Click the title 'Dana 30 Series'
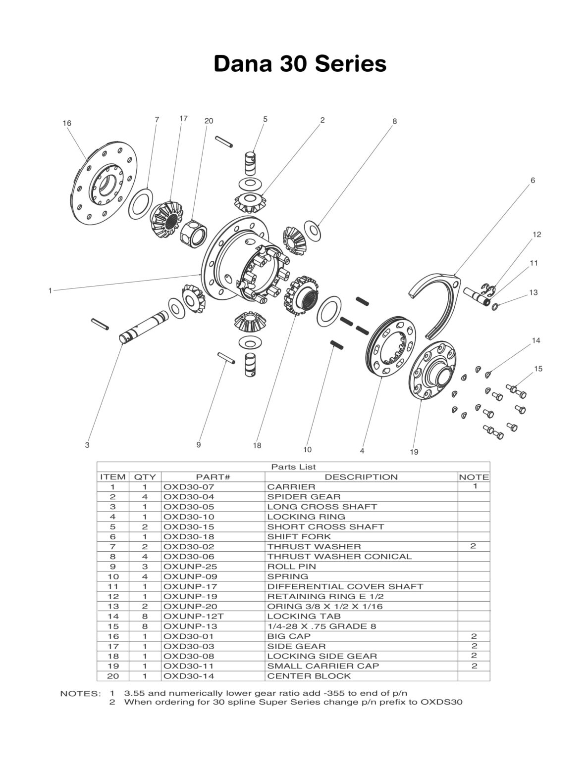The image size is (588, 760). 300,64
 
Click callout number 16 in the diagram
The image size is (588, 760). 67,123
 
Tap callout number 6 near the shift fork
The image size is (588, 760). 533,181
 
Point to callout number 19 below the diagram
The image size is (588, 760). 414,452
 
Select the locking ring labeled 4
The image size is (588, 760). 391,346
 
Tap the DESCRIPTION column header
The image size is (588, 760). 361,477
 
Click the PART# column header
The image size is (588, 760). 213,477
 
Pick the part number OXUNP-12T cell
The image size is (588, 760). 187,616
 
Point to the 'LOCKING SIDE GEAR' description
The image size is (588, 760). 322,656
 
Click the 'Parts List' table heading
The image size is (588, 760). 293,467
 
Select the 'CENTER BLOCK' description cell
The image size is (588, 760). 309,676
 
